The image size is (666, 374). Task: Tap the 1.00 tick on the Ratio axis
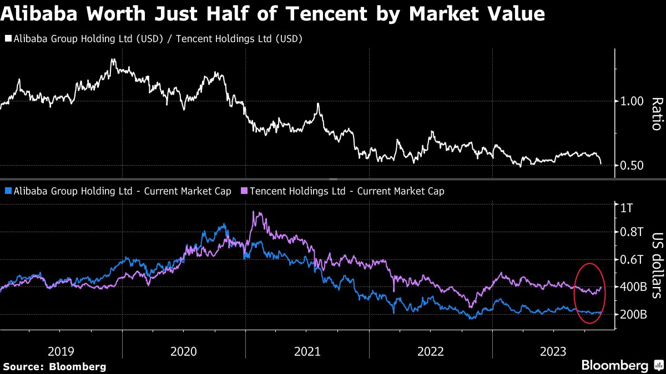631,101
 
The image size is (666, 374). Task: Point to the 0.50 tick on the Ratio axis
631,166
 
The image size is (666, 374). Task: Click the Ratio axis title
657,114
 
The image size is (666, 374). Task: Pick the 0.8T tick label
631,232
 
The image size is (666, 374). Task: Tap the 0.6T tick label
631,260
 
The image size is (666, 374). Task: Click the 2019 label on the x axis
61,351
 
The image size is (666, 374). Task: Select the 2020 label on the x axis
184,351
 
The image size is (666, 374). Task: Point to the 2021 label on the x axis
307,351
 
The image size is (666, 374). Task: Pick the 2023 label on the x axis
553,351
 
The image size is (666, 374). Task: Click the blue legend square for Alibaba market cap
7,191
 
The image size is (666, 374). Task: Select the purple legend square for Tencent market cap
244,191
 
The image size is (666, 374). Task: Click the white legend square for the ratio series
7,39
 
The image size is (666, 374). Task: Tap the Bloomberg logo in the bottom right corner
614,366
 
